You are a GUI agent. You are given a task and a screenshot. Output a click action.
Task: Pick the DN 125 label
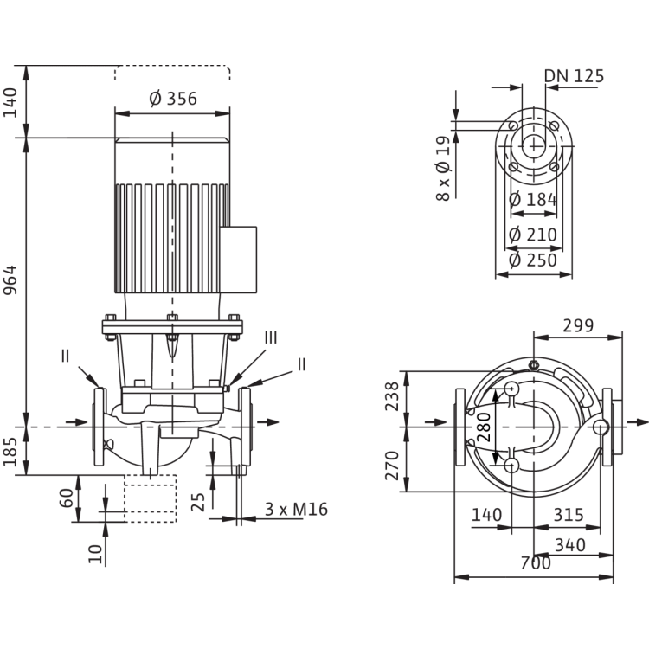575,76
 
